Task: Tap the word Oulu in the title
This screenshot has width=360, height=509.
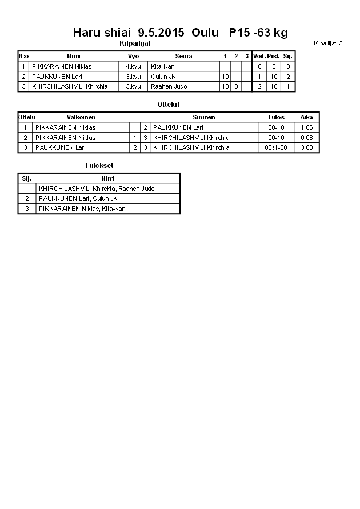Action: (205, 33)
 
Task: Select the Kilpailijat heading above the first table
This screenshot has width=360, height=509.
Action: (135, 43)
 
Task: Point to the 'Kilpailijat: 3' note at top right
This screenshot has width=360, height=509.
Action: (328, 43)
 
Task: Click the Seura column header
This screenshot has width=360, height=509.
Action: (183, 56)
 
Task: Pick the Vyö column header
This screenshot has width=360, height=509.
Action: (133, 56)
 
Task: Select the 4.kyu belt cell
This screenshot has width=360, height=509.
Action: (133, 66)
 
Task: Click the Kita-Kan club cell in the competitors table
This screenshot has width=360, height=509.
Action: (163, 66)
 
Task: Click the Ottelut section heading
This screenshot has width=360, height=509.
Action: (169, 105)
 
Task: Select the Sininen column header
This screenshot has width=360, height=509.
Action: (203, 117)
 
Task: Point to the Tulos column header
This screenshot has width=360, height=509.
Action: (276, 117)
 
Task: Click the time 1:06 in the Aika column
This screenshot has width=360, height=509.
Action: (306, 127)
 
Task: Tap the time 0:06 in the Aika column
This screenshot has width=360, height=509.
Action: (306, 138)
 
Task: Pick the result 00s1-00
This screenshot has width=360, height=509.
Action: (276, 147)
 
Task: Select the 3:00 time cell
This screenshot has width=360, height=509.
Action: (306, 147)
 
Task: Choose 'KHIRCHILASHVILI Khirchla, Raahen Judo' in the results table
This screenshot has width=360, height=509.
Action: (97, 189)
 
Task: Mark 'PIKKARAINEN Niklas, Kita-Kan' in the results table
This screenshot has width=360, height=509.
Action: (82, 209)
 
